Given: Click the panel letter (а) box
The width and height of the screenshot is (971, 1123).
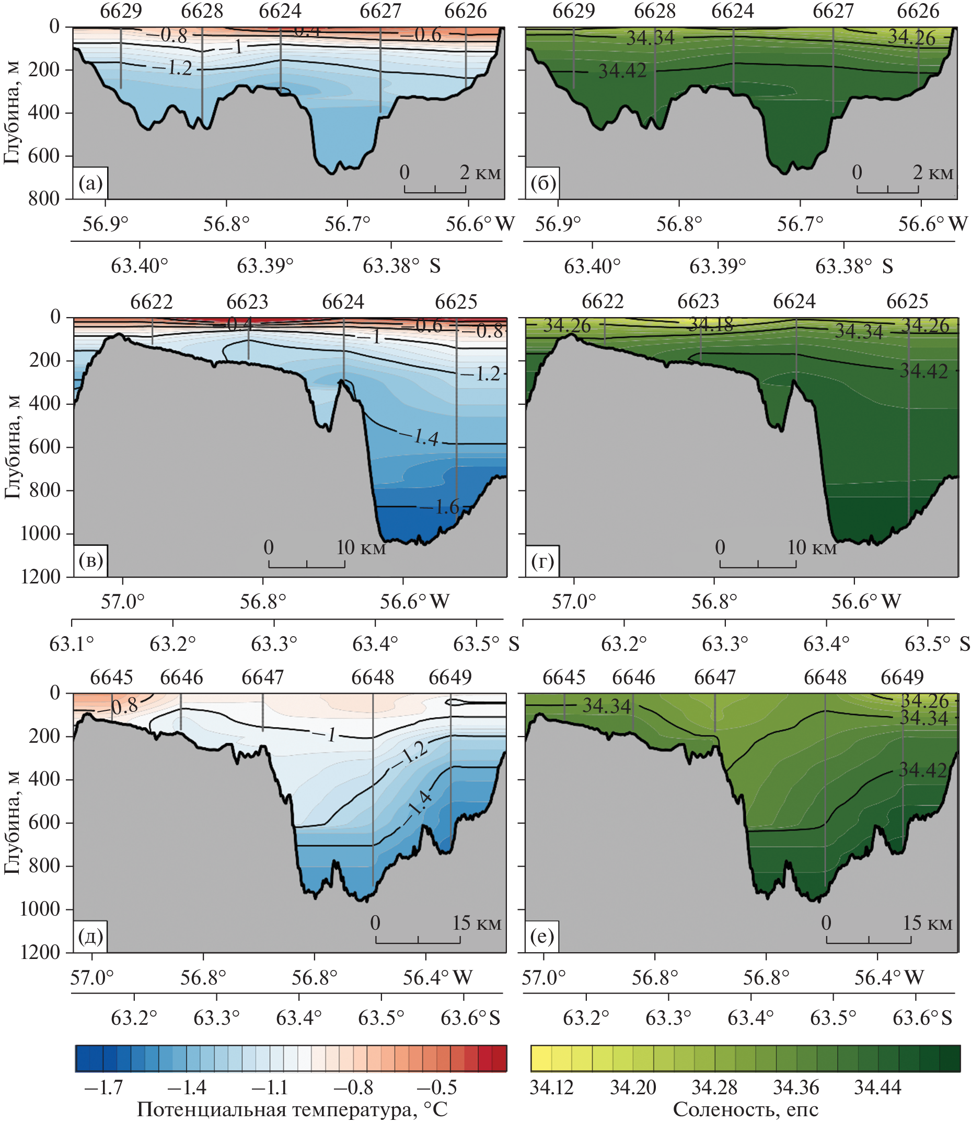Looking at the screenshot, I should pyautogui.click(x=90, y=184).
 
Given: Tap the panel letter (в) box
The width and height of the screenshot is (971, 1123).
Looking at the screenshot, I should pyautogui.click(x=90, y=560).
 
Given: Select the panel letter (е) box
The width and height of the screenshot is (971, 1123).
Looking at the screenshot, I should pyautogui.click(x=542, y=937).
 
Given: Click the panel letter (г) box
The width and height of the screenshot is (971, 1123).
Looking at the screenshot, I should pyautogui.click(x=542, y=560).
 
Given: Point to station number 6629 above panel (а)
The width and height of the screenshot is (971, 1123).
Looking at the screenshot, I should pyautogui.click(x=121, y=11).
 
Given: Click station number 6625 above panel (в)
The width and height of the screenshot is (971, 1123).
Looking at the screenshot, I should pyautogui.click(x=456, y=301).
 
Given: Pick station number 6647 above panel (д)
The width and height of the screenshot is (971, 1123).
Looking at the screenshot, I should pyautogui.click(x=262, y=677).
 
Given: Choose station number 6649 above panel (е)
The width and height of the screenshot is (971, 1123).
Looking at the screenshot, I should pyautogui.click(x=902, y=677).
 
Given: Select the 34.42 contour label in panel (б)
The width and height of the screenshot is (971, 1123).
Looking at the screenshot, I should pyautogui.click(x=622, y=71).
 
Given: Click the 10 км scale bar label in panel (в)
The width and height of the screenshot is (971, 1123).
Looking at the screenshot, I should pyautogui.click(x=361, y=547).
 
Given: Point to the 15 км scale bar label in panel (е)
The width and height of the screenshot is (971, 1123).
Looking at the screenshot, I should pyautogui.click(x=927, y=923).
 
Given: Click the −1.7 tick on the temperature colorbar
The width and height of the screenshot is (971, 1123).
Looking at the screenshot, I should pyautogui.click(x=103, y=1086).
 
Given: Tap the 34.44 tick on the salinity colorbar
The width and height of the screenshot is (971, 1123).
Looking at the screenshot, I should pyautogui.click(x=877, y=1086).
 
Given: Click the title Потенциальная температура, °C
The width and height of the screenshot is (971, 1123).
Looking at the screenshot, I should pyautogui.click(x=292, y=1109).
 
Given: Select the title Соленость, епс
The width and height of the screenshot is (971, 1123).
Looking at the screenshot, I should pyautogui.click(x=745, y=1109).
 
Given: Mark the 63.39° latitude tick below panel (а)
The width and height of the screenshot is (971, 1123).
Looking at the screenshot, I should pyautogui.click(x=265, y=266).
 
